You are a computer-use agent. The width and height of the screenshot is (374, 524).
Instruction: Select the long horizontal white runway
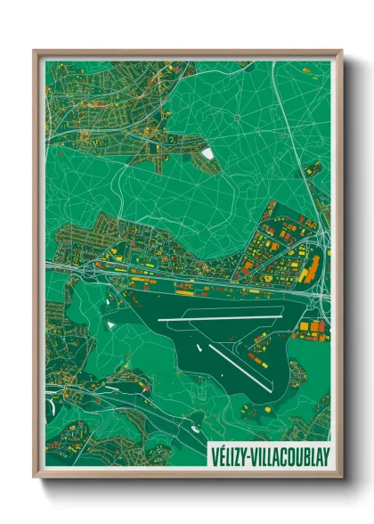tap(219, 318)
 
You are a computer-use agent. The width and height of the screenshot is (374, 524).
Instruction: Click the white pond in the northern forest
tap(207, 153)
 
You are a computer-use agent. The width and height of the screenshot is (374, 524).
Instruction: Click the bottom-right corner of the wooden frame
tap(341, 478)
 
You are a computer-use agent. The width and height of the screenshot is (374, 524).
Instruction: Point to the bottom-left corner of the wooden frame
tap(35, 478)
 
